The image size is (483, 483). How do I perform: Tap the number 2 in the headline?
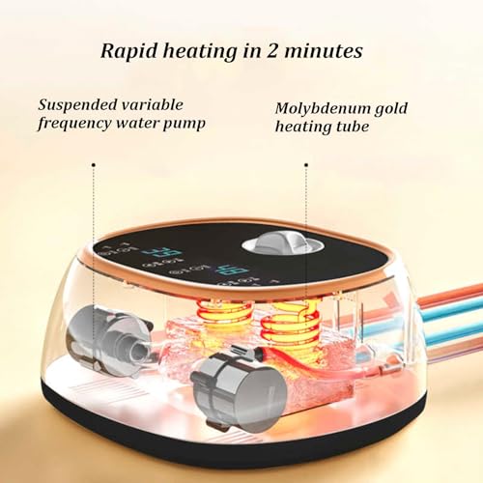[x=271, y=51]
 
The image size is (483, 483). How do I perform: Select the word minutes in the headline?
[x=324, y=51]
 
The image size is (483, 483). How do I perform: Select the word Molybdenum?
[x=322, y=109]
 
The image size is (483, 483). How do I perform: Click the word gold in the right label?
[x=390, y=109]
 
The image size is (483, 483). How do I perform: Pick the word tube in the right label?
[x=353, y=127]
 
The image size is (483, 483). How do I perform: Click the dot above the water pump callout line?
[x=94, y=165]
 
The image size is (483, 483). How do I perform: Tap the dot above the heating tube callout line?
[x=306, y=165]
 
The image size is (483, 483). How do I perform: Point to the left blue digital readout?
[x=163, y=253]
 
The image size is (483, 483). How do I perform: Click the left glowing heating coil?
[x=225, y=317]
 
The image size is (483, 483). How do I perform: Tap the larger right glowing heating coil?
[x=292, y=322]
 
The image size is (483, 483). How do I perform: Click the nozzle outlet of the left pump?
[x=139, y=351]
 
